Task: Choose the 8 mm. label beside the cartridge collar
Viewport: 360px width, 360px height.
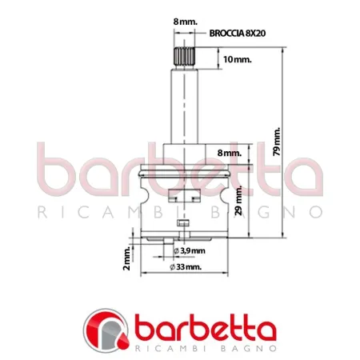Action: coord(230,152)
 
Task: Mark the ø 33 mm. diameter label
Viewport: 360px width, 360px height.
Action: coord(186,266)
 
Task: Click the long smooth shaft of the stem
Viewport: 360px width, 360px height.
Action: coord(183,104)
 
